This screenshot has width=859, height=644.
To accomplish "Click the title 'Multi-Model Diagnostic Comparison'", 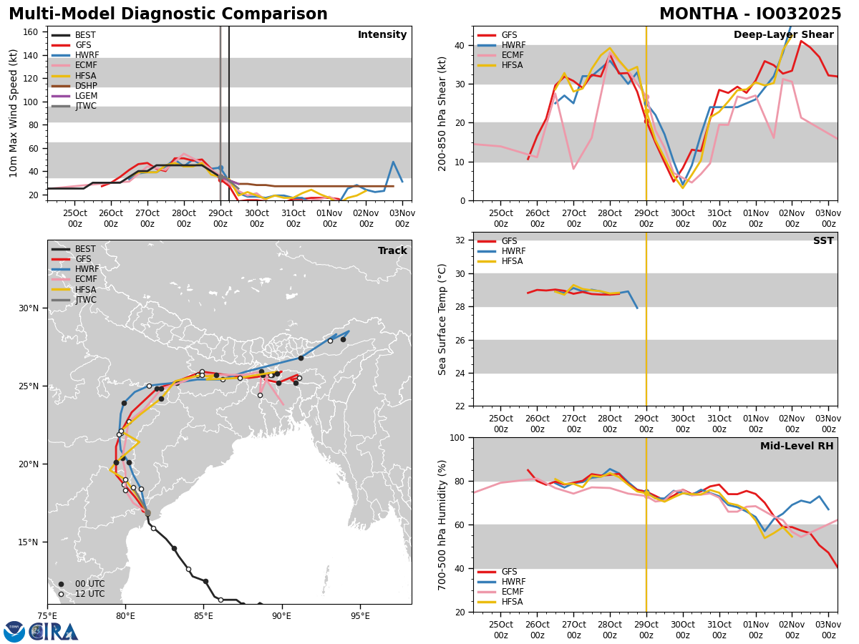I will [168, 14].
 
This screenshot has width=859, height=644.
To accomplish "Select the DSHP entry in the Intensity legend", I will [86, 86].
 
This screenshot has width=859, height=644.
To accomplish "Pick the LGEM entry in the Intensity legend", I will [86, 96].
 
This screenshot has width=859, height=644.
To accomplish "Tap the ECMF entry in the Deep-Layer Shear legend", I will [513, 55].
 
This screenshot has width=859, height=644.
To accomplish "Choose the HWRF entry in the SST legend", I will [514, 251].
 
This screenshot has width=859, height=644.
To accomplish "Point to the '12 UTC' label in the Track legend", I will [89, 594].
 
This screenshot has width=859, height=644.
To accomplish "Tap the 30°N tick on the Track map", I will [29, 308].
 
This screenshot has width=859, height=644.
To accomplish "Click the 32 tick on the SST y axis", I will [461, 240].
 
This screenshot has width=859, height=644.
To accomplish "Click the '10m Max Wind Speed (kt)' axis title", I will [14, 113].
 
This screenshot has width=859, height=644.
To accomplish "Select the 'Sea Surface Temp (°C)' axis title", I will [442, 319].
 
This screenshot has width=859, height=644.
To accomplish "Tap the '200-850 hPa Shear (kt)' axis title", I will [442, 113].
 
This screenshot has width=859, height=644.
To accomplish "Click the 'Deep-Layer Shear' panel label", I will [783, 35].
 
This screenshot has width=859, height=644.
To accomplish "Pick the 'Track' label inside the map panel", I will [392, 251].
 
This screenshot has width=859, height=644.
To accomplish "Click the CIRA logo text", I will [54, 632].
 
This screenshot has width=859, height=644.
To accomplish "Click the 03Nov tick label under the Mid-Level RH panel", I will [828, 630].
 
